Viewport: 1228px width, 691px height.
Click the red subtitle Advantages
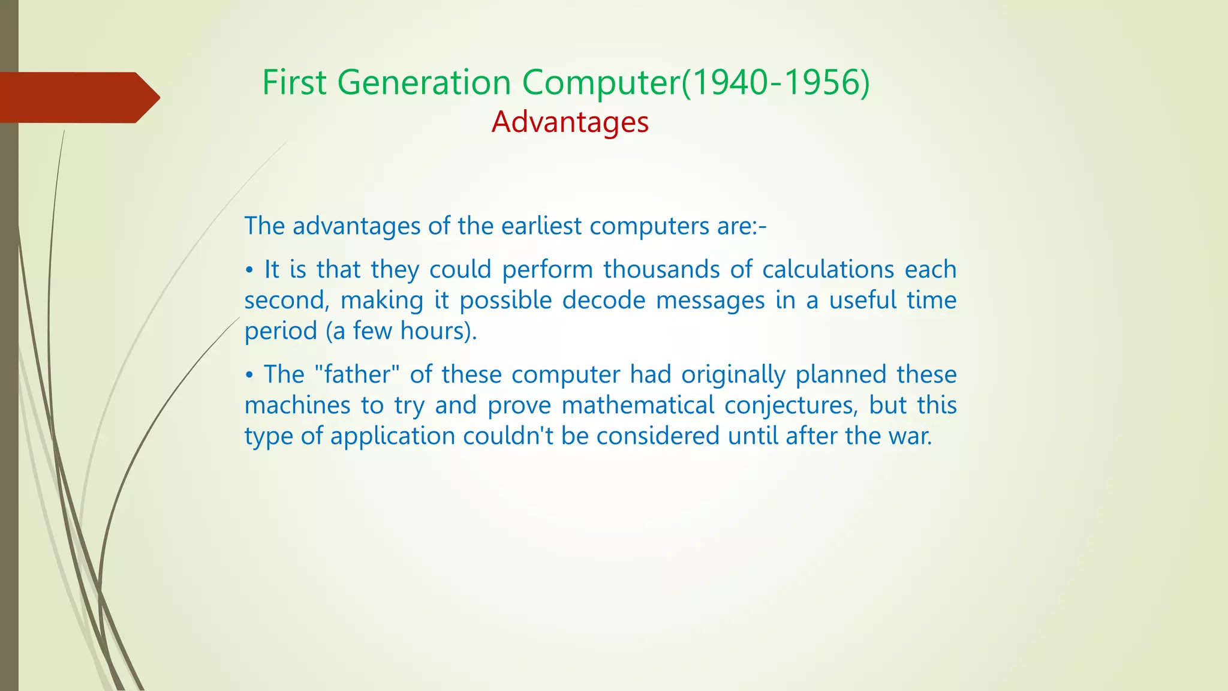tap(570, 122)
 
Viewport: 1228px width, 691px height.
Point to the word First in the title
tap(294, 82)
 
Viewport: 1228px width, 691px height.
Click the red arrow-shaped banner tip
tap(146, 97)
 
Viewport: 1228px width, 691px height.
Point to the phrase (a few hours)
tap(401, 331)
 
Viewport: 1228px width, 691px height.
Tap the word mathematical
tap(637, 405)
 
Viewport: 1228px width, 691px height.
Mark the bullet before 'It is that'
tap(249, 271)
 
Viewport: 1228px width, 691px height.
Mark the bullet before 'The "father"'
tap(249, 375)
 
